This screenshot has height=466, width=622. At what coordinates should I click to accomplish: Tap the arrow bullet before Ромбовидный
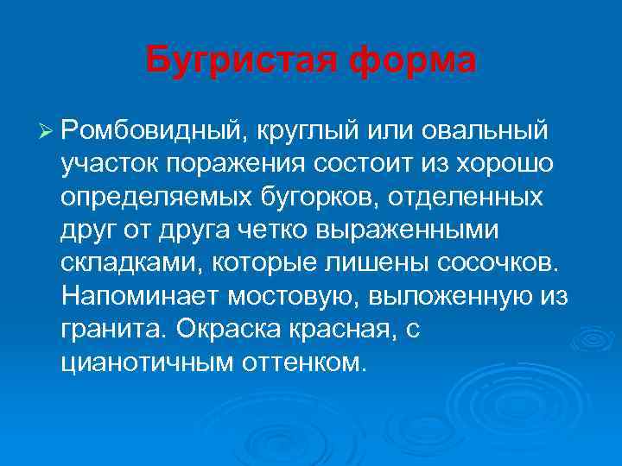[x=47, y=130]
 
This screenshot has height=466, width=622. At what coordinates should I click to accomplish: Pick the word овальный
[x=486, y=130]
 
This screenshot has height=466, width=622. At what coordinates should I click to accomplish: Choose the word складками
[x=122, y=262]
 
